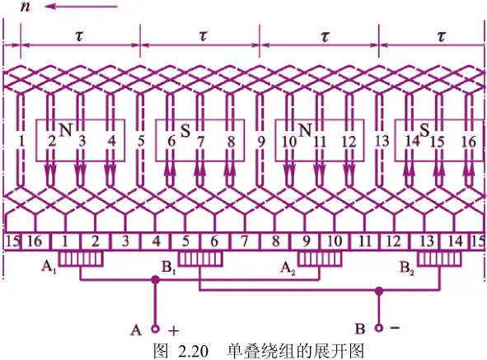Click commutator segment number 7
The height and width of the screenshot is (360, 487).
point(245,241)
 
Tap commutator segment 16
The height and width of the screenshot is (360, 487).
point(35,241)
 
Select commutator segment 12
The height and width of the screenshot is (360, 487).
point(395,241)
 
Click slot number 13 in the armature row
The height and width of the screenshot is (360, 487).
point(382,142)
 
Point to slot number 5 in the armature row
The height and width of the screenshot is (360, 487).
point(141,142)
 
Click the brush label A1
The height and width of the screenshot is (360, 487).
point(49,268)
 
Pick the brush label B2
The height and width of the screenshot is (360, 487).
point(407,268)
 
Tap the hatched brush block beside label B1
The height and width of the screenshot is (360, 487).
point(200,259)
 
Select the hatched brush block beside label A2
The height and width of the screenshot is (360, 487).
point(320,259)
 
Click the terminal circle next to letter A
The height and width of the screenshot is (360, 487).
point(155,329)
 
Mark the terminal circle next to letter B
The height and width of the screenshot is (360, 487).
point(378,328)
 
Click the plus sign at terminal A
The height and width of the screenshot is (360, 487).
point(174,331)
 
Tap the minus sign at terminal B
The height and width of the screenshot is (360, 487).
point(395,327)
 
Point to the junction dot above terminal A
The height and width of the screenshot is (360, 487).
point(155,280)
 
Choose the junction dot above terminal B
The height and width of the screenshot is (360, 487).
point(378,291)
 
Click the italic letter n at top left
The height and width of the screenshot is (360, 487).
point(26,7)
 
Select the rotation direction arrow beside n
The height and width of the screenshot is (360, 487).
point(82,7)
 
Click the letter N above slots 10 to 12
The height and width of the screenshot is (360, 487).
point(305,130)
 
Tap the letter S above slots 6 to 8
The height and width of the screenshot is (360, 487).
point(185,131)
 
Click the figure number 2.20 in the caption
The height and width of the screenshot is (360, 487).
point(193,351)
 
